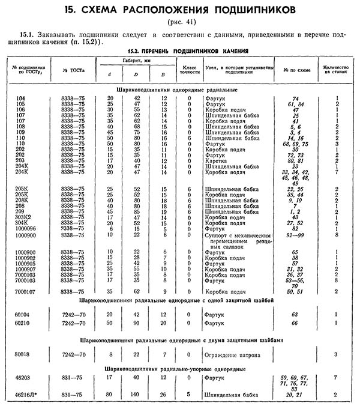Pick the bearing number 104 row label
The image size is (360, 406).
coord(22,98)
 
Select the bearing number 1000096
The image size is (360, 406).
coord(27,228)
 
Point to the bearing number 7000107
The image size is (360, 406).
coord(27,291)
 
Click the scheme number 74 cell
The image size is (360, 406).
coord(295,98)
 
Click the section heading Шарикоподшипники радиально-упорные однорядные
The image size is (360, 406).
coord(180,368)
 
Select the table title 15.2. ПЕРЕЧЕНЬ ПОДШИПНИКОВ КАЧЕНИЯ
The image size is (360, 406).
coord(180,50)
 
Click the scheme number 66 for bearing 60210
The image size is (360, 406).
coord(295,323)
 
